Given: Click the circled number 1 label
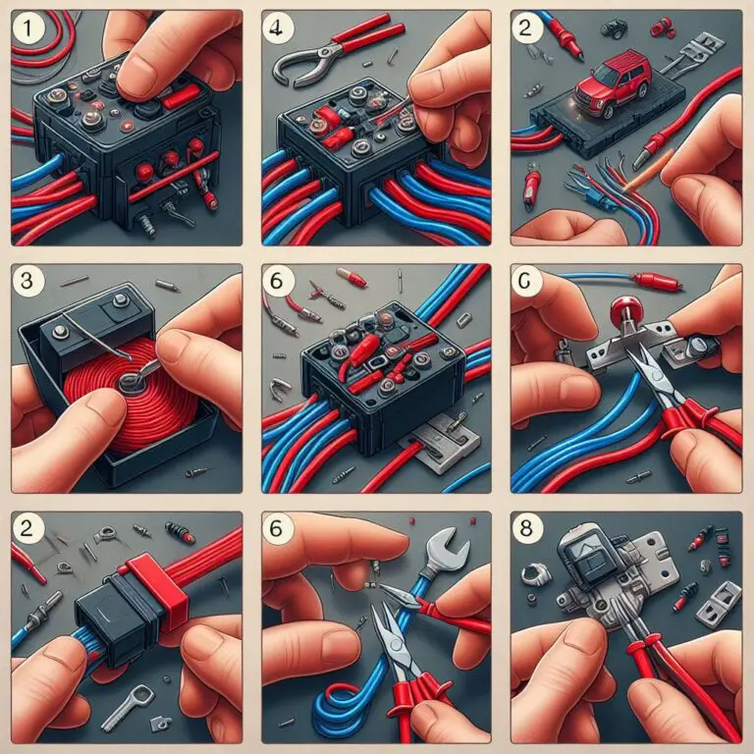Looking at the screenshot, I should click(28, 31).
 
